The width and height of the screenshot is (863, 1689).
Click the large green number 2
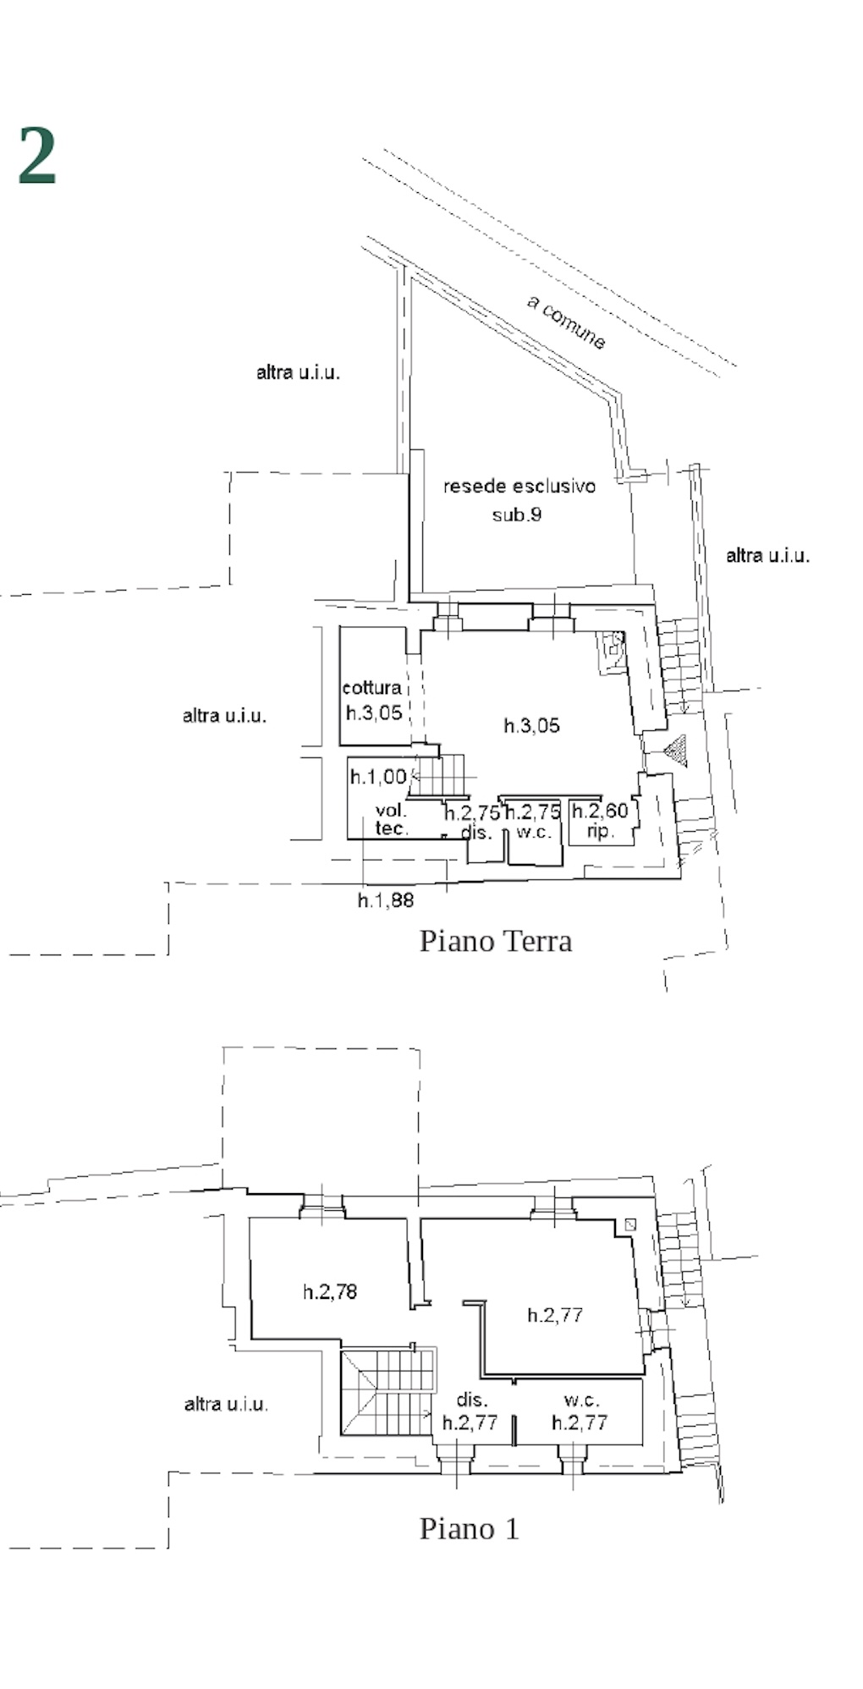point(37,155)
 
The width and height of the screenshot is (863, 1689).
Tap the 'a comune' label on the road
point(567,322)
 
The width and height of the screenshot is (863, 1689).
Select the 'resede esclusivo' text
point(519,487)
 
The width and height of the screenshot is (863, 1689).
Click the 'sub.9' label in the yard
point(517,514)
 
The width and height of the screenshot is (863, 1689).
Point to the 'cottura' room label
point(371,688)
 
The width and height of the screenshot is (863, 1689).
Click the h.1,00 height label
point(378,776)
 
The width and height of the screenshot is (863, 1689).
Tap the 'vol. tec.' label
point(392,820)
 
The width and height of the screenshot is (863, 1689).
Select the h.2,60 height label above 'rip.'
point(600,811)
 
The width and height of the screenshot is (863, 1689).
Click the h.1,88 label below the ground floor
point(386,900)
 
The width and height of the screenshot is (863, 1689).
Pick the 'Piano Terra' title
point(496,941)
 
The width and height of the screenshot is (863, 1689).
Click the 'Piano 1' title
point(470,1528)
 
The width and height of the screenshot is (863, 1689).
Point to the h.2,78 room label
point(330,1291)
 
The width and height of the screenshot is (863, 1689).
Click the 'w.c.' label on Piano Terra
point(534,832)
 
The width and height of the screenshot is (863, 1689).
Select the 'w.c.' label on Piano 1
point(581,1400)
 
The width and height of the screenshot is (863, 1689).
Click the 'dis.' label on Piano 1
point(472,1400)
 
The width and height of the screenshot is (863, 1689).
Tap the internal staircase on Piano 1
point(388,1392)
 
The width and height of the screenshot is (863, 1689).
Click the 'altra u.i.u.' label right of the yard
point(767,556)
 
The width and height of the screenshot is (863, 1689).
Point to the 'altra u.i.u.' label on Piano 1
point(226,1405)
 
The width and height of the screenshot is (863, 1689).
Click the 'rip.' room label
point(600,832)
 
